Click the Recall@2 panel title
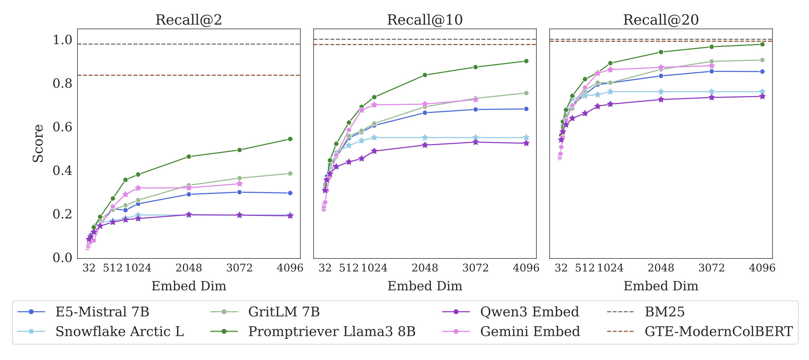tap(189, 20)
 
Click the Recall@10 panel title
tap(425, 20)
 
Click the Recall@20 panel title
tap(661, 20)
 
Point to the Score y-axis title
tap(38, 143)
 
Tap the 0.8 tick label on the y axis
tap(63, 83)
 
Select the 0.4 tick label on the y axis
tap(63, 170)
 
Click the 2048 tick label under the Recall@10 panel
tap(425, 268)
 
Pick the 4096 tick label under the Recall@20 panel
tap(762, 268)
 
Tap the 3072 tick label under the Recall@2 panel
tap(240, 268)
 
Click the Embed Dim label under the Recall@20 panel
tap(661, 286)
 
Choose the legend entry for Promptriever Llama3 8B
tap(313, 331)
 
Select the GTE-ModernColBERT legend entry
tap(700, 331)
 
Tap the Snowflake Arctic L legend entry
tap(101, 331)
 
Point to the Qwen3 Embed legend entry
tap(511, 312)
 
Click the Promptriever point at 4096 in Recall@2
tap(290, 139)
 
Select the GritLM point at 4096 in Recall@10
tap(526, 93)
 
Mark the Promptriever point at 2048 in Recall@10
tap(425, 75)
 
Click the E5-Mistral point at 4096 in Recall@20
tap(762, 71)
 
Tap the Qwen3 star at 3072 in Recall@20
tap(712, 98)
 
